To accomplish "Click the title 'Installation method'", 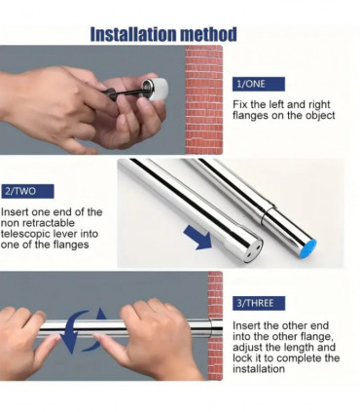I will [162, 35].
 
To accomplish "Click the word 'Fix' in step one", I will [241, 104].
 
